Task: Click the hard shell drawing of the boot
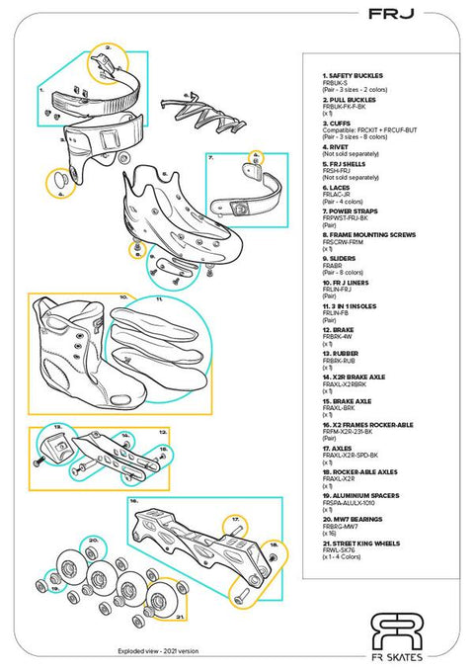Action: [x=173, y=212]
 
